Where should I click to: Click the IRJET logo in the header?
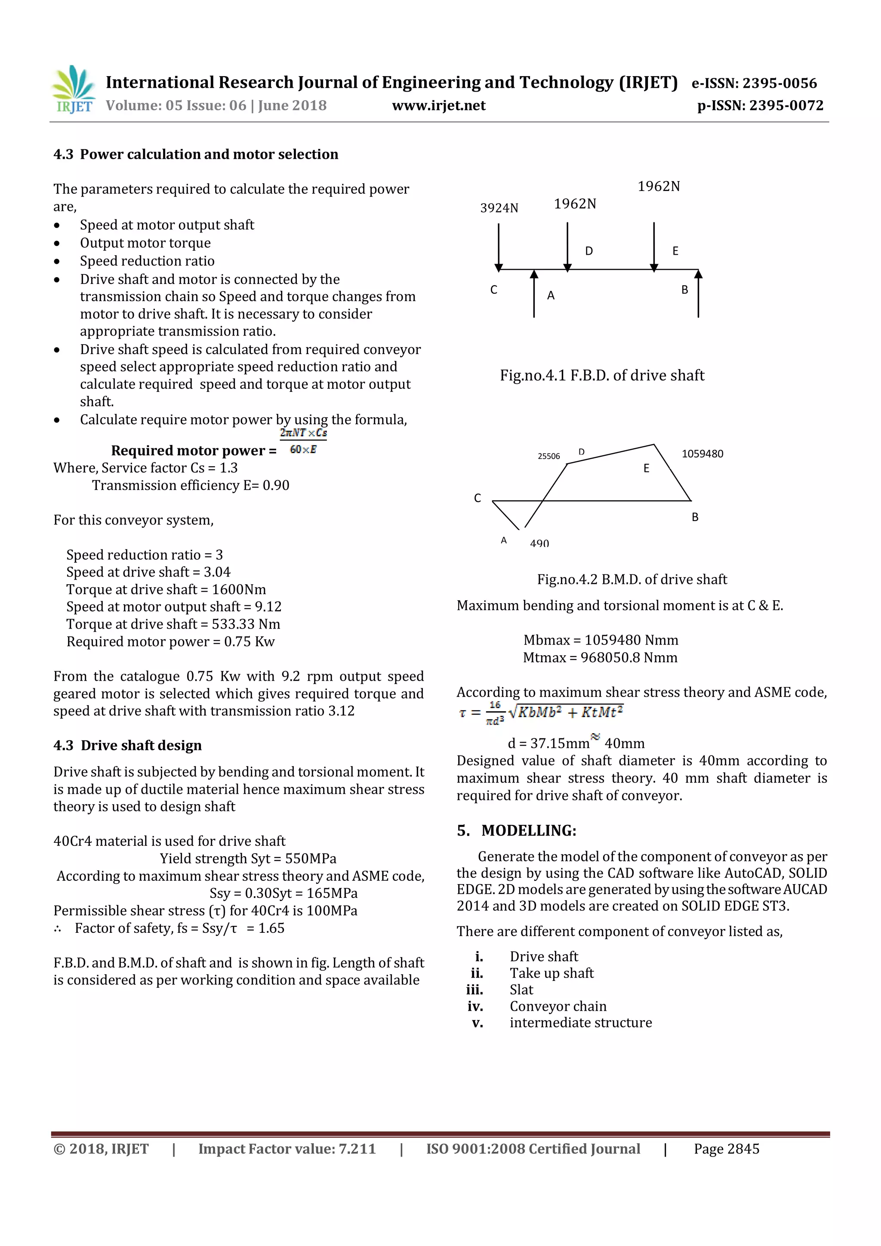(73, 89)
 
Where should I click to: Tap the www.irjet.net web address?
(438, 105)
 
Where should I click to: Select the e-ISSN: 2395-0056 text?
(754, 83)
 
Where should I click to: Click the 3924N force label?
(499, 208)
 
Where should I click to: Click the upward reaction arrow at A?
(534, 293)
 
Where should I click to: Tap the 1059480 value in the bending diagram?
(702, 453)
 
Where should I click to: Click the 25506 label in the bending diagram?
(548, 456)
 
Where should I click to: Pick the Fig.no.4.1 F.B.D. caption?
(602, 375)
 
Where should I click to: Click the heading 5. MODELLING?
(517, 830)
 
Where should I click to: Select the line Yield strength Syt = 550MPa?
(248, 858)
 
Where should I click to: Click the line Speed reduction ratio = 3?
(144, 555)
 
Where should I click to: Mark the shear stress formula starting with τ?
(540, 713)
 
